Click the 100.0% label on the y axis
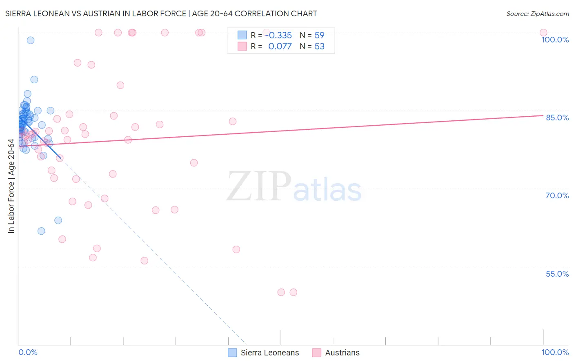click(x=555, y=40)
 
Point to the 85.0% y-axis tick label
click(x=557, y=118)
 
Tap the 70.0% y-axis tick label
click(x=557, y=195)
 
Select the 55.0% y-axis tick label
click(x=557, y=274)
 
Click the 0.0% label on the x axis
click(x=28, y=352)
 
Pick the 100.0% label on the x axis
click(x=555, y=352)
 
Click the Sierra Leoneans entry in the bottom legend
click(x=269, y=353)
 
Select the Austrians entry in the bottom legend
click(x=342, y=353)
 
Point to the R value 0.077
click(x=280, y=47)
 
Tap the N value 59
click(x=319, y=36)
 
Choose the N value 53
click(x=319, y=47)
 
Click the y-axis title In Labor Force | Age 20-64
click(x=11, y=186)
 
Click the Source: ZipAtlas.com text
click(x=537, y=14)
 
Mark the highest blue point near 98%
click(x=31, y=40)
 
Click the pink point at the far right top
click(x=543, y=33)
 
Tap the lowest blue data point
click(x=41, y=231)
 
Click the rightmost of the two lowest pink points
click(x=293, y=292)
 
